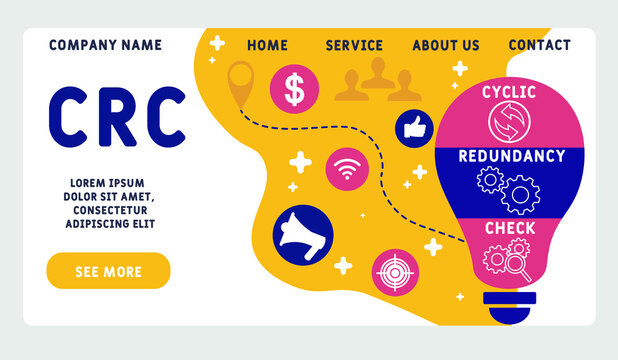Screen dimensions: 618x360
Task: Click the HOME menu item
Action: (267, 45)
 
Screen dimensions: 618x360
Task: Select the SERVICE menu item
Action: (354, 45)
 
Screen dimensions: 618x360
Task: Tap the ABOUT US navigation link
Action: (446, 45)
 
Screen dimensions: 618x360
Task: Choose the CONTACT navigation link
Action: (539, 45)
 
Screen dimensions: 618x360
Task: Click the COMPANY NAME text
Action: (105, 45)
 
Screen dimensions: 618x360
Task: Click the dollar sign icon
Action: (294, 88)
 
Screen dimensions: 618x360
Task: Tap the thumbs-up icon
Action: (414, 127)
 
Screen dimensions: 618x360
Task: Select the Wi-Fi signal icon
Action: (348, 170)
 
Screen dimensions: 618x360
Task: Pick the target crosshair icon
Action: (395, 272)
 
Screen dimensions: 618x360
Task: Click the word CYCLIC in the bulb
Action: (509, 92)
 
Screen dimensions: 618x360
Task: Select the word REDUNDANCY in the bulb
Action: (511, 156)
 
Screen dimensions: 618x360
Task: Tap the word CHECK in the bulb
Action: (510, 228)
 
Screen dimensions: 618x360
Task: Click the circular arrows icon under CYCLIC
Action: (508, 123)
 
